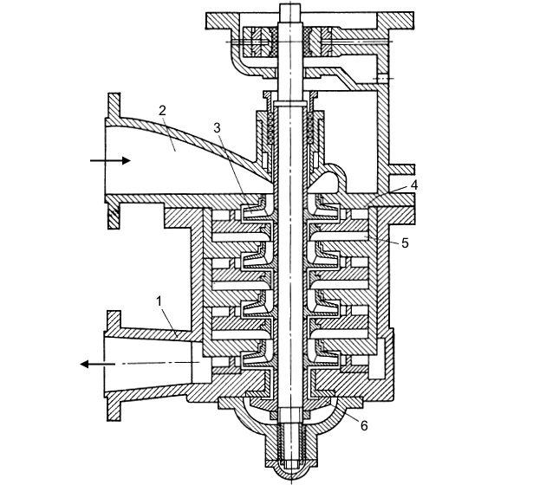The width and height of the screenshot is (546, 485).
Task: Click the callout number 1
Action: pos(159,301)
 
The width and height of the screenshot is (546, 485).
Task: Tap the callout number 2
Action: pos(162,111)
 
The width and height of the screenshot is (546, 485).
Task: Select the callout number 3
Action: pos(217,127)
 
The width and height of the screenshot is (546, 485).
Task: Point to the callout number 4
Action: pos(413,184)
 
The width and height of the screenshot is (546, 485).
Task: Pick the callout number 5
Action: pos(405,242)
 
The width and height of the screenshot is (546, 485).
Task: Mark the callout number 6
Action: pos(363,425)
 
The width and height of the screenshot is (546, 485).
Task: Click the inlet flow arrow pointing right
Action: pos(110,160)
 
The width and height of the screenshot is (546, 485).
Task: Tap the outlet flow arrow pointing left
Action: pos(97,365)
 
